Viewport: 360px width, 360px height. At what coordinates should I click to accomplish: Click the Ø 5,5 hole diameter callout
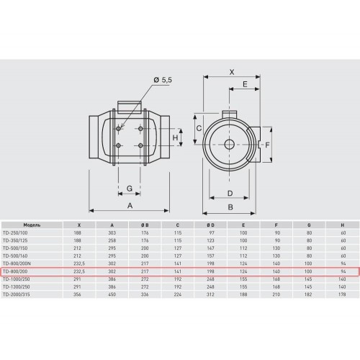tap(163, 80)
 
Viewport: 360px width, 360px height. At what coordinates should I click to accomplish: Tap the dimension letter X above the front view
tap(232, 72)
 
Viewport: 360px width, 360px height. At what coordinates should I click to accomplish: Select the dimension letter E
tap(245, 84)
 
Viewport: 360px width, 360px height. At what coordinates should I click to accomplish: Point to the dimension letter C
tap(199, 128)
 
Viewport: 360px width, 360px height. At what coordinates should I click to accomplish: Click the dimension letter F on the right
tap(267, 145)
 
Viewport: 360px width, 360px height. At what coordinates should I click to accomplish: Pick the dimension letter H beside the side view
tap(175, 138)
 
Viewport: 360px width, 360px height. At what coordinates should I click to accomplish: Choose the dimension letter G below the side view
tap(130, 188)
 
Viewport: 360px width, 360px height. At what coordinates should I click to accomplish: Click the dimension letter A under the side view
tap(130, 205)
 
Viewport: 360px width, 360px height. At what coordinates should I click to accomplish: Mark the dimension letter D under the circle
tap(230, 193)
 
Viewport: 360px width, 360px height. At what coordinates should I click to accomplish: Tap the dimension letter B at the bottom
tap(230, 207)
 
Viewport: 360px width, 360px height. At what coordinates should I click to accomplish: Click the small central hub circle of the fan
tap(230, 144)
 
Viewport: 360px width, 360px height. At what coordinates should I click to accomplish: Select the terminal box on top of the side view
tap(129, 107)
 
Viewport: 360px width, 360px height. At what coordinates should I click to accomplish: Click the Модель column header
tap(32, 225)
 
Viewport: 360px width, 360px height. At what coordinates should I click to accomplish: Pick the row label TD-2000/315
tap(17, 294)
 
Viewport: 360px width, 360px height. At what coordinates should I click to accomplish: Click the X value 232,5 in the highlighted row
tap(79, 271)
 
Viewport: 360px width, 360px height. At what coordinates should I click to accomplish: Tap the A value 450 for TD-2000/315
tap(112, 294)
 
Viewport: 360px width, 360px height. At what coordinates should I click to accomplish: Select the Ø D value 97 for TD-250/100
tap(210, 233)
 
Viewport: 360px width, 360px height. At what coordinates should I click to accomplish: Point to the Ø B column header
tap(145, 225)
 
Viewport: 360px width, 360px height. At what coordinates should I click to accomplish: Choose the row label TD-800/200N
tap(17, 264)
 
